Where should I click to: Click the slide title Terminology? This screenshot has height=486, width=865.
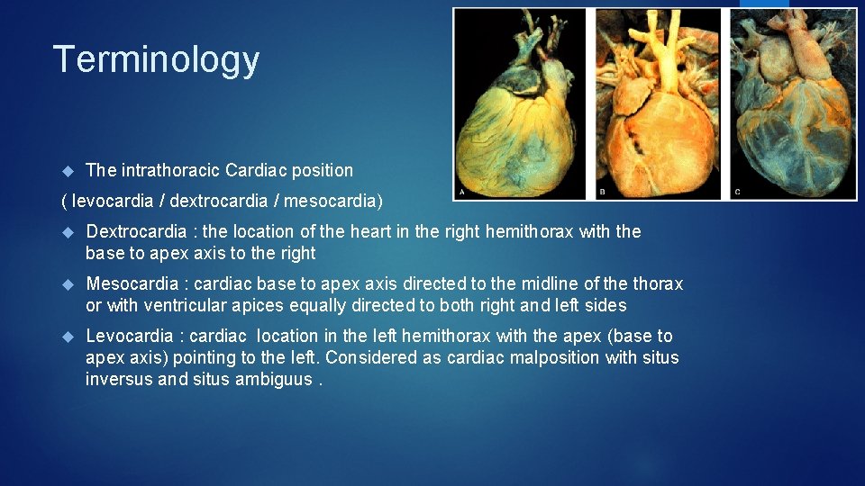[156, 59]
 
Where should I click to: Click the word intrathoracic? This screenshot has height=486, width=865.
[168, 170]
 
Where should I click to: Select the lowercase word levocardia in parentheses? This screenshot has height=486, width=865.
[112, 199]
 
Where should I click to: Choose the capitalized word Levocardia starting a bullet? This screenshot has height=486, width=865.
[130, 336]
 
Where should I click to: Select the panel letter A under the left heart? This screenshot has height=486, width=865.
[463, 192]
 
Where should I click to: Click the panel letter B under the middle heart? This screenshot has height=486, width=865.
[602, 192]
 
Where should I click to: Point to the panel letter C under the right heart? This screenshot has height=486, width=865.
[738, 192]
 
